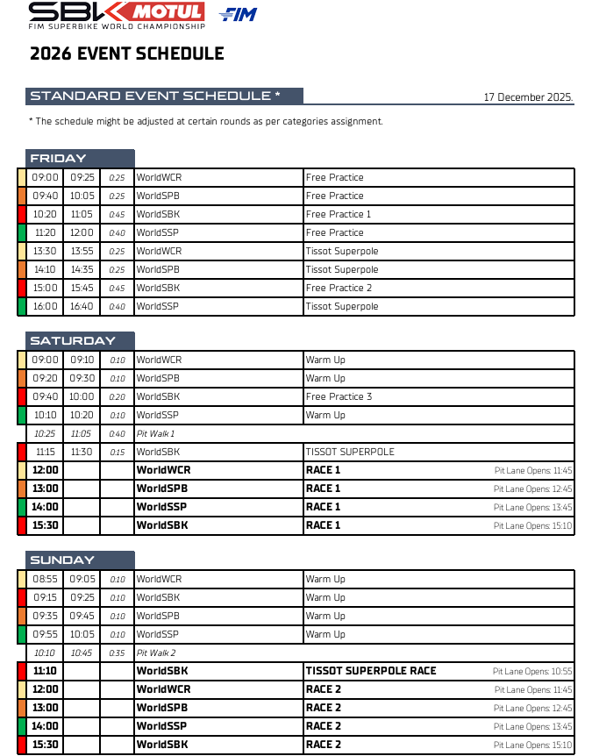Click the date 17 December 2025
pos(528,97)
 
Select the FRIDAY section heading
pos(59,159)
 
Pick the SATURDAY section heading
pos(73,341)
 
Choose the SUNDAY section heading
pos(62,560)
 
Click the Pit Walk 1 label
pos(155,433)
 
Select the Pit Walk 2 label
pos(156,653)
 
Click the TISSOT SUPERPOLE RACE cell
pos(371,671)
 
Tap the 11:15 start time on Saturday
pos(45,452)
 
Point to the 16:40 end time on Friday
pos(82,306)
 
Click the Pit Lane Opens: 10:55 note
pos(532,672)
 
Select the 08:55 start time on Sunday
pos(45,579)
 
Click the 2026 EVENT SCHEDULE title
pos(127,53)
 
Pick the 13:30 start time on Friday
pos(45,251)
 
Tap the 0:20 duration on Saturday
pos(117,396)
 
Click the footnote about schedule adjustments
pos(206,122)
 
